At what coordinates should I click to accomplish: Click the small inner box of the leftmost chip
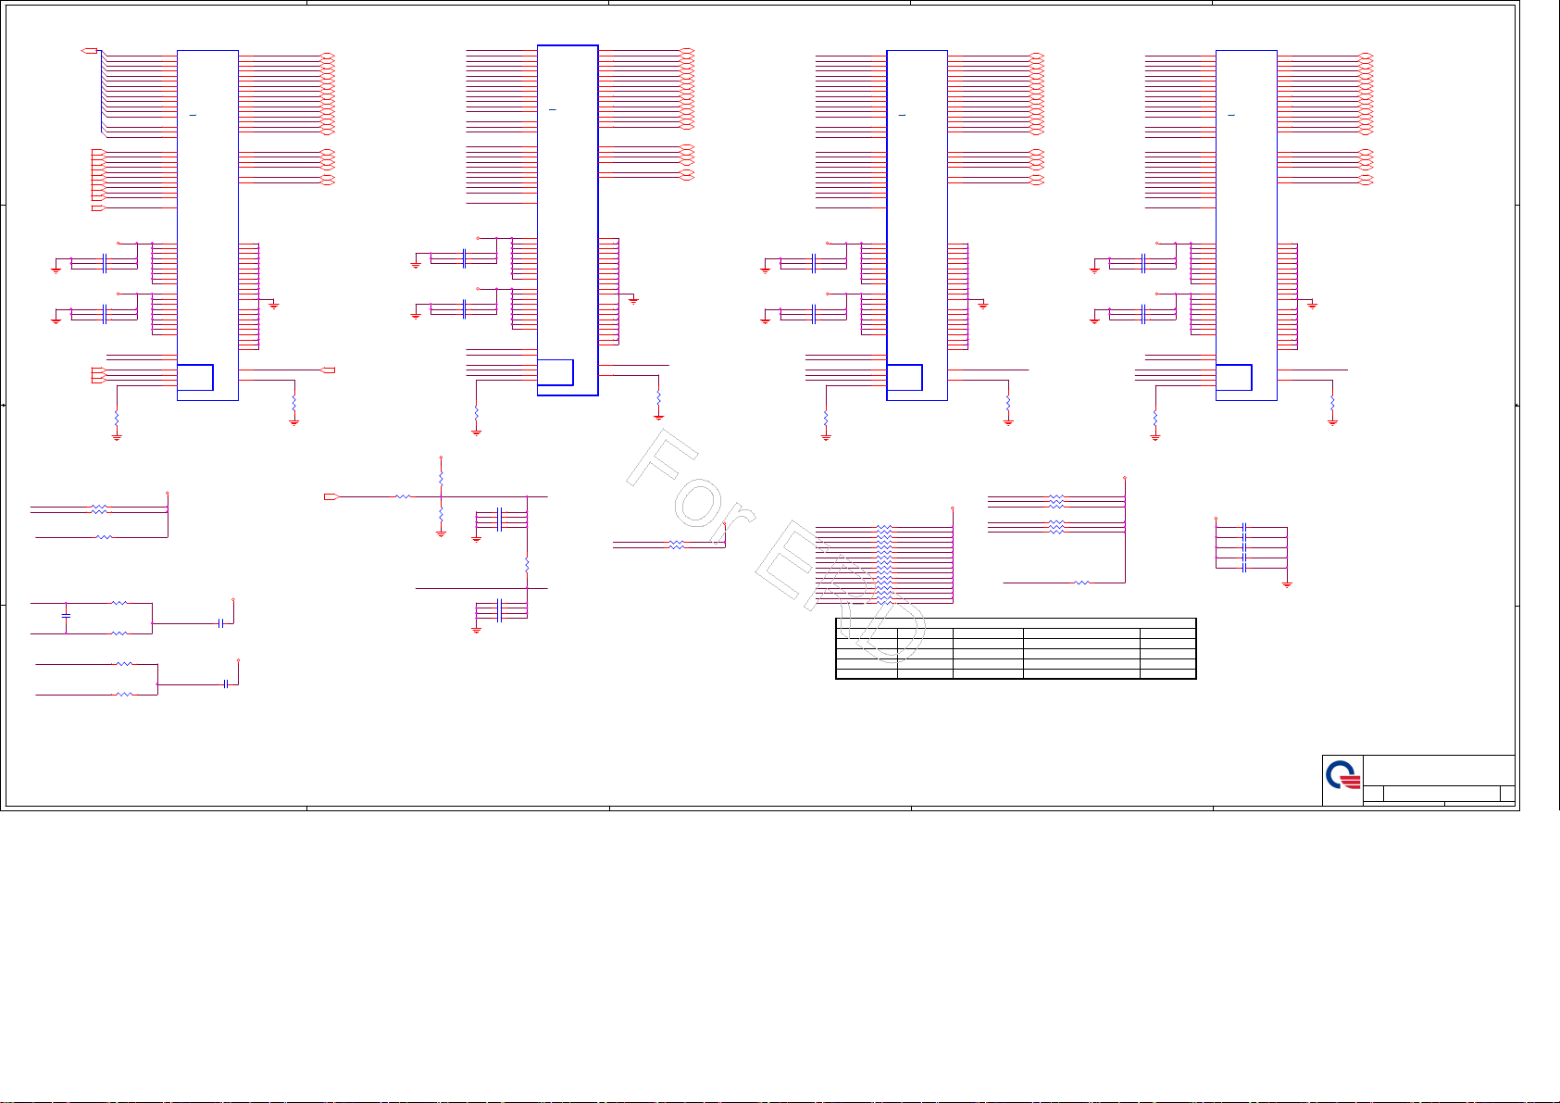(194, 378)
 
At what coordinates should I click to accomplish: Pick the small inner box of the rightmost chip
(1233, 378)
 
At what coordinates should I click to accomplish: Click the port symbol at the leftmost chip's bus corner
(90, 50)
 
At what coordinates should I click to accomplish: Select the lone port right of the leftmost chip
(328, 370)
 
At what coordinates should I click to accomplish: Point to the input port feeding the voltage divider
(330, 497)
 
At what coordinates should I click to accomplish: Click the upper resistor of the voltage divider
(441, 478)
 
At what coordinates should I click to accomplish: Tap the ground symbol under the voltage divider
(441, 533)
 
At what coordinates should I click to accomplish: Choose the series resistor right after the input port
(402, 497)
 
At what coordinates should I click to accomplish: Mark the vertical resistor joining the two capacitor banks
(527, 563)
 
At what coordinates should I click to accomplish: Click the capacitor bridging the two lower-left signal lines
(66, 616)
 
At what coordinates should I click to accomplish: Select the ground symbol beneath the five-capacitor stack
(1287, 584)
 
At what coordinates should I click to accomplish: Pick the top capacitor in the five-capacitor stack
(1244, 528)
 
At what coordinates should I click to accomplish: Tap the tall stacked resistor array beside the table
(884, 564)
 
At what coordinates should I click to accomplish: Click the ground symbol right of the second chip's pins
(633, 300)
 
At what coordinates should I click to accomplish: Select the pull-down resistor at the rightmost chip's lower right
(1332, 405)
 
